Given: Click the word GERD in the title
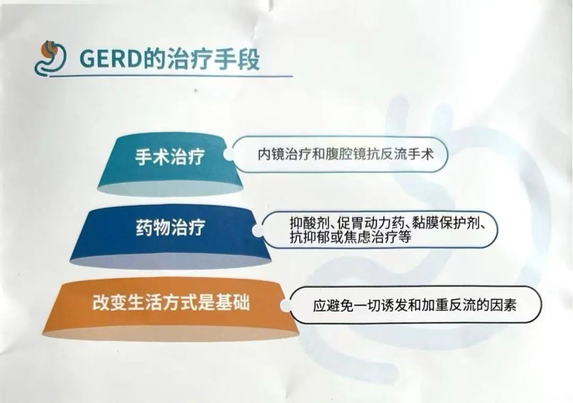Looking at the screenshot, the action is pyautogui.click(x=110, y=59).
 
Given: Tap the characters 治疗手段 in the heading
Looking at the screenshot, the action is pyautogui.click(x=213, y=59).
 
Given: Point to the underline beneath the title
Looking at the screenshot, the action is pyautogui.click(x=171, y=76).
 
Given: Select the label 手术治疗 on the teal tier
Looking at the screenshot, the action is pyautogui.click(x=170, y=157).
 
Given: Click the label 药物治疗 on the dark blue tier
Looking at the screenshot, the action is pyautogui.click(x=170, y=227).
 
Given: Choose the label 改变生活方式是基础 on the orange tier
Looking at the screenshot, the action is pyautogui.click(x=171, y=303).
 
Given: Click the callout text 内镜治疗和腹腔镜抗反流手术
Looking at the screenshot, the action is pyautogui.click(x=345, y=154).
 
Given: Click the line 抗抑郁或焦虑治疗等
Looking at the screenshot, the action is pyautogui.click(x=351, y=237).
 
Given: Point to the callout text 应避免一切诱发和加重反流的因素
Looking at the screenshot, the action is pyautogui.click(x=414, y=305).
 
